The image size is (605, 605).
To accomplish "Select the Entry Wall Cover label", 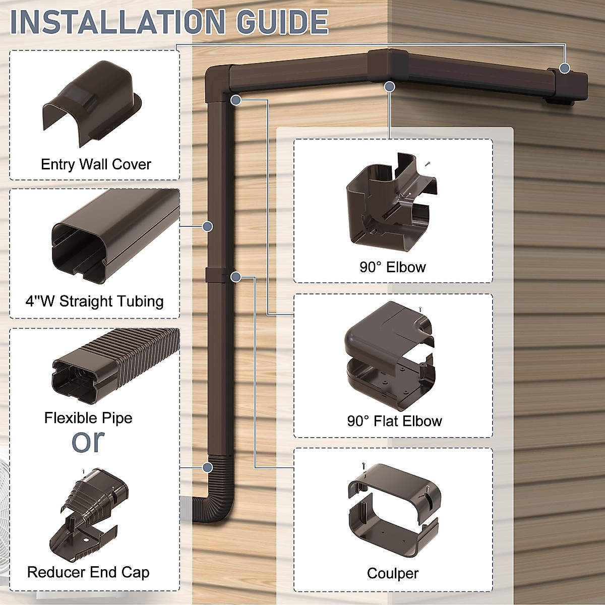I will (x=96, y=164).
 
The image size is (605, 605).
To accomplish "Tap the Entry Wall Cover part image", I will (x=91, y=101).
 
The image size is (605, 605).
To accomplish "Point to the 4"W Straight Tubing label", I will (x=95, y=301).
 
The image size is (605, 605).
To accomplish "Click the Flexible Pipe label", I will (x=88, y=418).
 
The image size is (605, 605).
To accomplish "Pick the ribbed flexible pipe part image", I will (x=116, y=366).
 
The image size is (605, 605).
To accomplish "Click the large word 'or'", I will (x=88, y=441).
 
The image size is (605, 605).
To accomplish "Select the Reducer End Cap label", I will (x=88, y=572).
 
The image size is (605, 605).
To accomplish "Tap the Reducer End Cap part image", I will (x=88, y=517).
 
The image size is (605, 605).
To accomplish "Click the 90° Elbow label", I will (x=393, y=267).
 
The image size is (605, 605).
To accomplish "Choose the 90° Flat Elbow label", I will (x=394, y=421).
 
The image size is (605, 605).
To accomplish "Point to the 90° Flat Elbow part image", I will (x=391, y=355).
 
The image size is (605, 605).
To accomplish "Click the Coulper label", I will (x=393, y=573).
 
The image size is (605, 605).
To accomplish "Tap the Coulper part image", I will (x=393, y=509).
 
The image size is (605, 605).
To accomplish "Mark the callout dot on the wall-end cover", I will (x=565, y=68).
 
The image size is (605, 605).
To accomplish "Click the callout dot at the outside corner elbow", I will (x=389, y=87).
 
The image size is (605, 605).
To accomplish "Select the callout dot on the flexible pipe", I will (x=207, y=468).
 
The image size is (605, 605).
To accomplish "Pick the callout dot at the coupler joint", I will (x=235, y=276).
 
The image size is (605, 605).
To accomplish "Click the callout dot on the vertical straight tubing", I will (x=207, y=226).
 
